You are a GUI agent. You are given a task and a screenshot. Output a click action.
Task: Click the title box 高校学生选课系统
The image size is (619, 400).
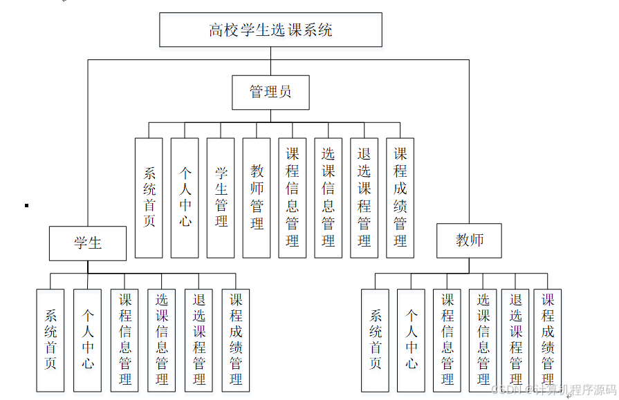tap(270, 30)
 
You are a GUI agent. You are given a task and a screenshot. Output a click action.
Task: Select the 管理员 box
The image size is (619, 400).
tap(270, 92)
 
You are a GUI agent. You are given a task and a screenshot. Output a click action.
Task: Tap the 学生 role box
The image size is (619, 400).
tap(88, 243)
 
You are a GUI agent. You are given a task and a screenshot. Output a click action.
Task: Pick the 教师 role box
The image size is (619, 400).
tap(470, 240)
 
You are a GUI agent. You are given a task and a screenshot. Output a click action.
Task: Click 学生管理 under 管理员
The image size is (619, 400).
tap(221, 198)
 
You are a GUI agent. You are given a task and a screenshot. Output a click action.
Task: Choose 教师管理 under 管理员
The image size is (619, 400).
tap(257, 198)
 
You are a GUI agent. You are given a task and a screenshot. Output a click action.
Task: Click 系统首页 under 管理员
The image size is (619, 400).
tap(149, 198)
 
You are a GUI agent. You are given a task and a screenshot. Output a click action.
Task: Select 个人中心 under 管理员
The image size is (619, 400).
tap(185, 198)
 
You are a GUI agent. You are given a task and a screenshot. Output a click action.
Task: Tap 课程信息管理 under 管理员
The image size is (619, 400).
tap(293, 198)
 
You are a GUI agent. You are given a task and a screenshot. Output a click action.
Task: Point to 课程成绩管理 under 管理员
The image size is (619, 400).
tap(400, 198)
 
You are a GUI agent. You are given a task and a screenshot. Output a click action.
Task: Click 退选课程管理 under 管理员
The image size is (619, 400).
tap(364, 198)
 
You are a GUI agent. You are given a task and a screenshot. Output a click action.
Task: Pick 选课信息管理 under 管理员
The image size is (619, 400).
tap(329, 198)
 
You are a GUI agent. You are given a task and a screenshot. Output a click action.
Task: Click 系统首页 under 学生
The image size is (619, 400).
tap(50, 340)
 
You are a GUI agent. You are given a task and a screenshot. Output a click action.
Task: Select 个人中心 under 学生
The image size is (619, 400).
tap(88, 340)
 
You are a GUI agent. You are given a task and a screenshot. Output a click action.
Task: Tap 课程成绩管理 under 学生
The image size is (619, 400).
tap(237, 340)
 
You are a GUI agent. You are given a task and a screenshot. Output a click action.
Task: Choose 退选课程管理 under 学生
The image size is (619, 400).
tap(199, 340)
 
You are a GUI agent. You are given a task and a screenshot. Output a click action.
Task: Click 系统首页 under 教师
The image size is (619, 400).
tap(376, 340)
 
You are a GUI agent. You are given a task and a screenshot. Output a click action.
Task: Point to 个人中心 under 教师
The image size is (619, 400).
tap(412, 340)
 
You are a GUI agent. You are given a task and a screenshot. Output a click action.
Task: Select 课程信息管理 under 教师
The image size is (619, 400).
tap(447, 340)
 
